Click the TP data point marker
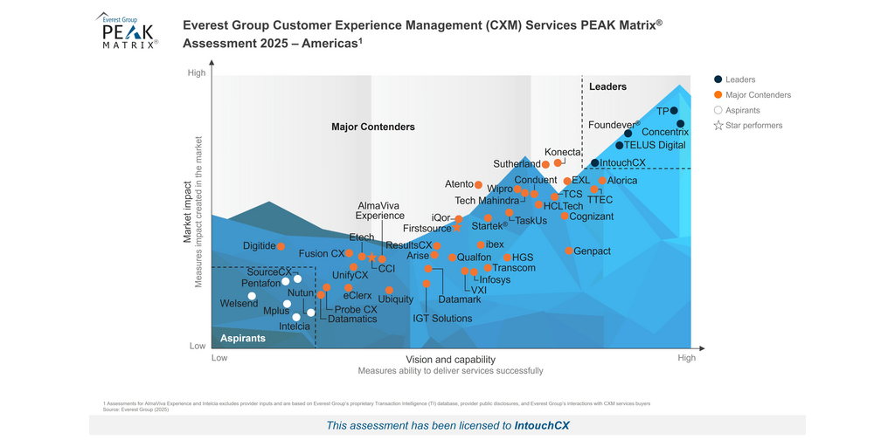coord(673,111)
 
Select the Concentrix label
coord(665,133)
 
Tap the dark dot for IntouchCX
coord(594,163)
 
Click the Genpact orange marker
coord(569,251)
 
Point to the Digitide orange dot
coord(281,246)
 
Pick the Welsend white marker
coord(253,296)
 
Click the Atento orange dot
coord(478,184)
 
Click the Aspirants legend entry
coord(742,110)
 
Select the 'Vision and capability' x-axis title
coord(450,360)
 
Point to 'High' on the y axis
coord(198,73)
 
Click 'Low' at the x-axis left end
coord(219,358)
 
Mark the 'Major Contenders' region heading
coord(373,127)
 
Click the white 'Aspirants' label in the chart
coord(242,338)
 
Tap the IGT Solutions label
coord(442,319)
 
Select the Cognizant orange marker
coord(565,216)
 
